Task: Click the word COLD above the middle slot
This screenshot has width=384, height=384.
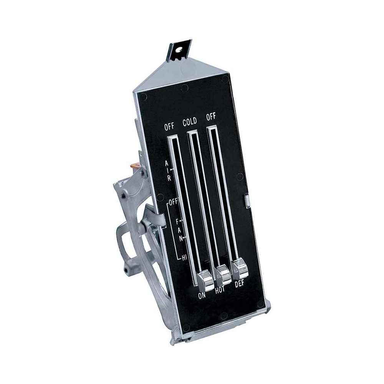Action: [x=190, y=122]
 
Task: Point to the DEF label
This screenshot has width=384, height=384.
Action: [x=239, y=284]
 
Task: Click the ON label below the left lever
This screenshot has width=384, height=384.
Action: [x=202, y=296]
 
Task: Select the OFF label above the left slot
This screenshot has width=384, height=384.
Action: [x=169, y=126]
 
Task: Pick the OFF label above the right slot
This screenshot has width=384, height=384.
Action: [x=211, y=117]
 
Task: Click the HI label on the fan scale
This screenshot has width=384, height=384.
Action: [x=184, y=257]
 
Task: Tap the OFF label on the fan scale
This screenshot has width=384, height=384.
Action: [x=174, y=202]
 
